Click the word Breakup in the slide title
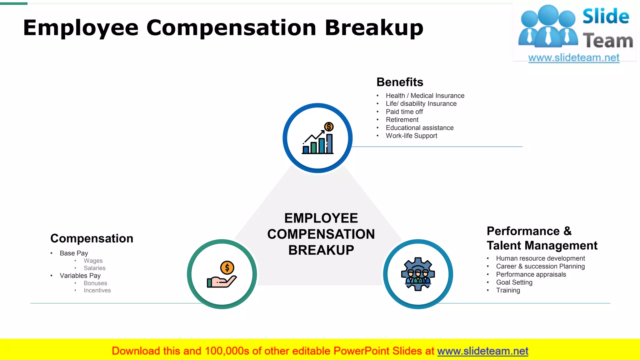click(374, 28)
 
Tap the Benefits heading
click(400, 82)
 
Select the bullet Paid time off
click(404, 112)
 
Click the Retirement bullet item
click(402, 120)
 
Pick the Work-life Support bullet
click(411, 136)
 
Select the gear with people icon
click(418, 274)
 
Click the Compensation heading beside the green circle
click(92, 238)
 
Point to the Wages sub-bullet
click(93, 261)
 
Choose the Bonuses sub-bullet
click(95, 283)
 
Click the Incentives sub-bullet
click(97, 291)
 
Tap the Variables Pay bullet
click(80, 276)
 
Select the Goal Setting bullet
click(514, 282)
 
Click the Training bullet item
click(508, 290)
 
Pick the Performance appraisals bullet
click(531, 274)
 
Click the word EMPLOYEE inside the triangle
click(321, 218)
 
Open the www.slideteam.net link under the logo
click(573, 58)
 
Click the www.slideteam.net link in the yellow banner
click(482, 351)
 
